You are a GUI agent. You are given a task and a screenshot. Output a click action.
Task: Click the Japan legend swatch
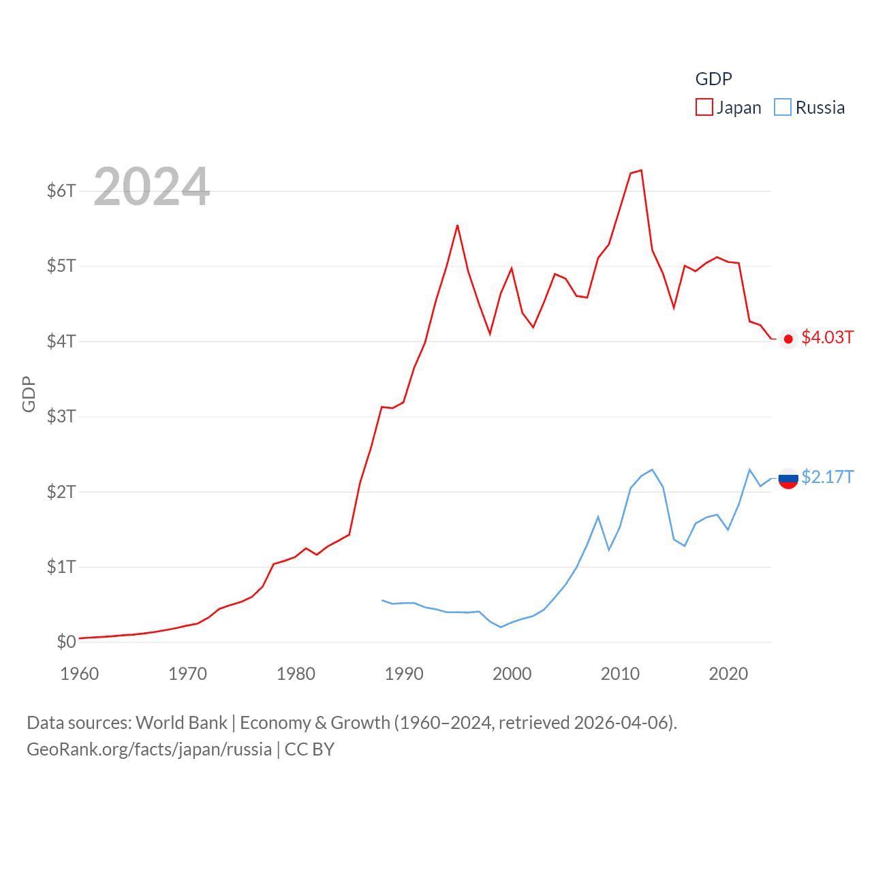point(704,108)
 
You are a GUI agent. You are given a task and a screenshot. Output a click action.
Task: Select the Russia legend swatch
point(783,108)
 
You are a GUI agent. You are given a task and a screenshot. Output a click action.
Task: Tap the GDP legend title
point(713,79)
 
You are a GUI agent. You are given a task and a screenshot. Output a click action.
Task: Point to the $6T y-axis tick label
point(61,191)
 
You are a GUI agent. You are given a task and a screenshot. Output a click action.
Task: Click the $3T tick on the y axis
point(61,416)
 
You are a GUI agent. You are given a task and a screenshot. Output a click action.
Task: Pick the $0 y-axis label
point(66,642)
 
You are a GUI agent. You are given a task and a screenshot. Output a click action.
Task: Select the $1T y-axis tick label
point(61,567)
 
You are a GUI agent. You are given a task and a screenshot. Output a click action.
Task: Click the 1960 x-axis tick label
point(80,674)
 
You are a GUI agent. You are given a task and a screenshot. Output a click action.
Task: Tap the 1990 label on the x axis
point(404,674)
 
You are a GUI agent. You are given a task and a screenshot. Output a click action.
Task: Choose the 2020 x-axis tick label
point(728,674)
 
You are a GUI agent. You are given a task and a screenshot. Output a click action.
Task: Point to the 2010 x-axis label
point(620,674)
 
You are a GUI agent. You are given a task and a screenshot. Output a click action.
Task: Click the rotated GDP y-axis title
point(29,394)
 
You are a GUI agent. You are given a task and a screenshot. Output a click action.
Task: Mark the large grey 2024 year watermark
point(151,187)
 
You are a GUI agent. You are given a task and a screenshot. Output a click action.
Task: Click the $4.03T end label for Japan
point(827,338)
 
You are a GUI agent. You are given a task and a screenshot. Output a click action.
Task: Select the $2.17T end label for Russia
point(827,477)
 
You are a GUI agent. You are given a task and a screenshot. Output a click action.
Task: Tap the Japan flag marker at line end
point(788,339)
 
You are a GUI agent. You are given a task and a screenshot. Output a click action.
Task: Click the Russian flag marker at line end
point(788,479)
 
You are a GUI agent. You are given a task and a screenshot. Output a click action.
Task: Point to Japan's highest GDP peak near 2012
point(641,170)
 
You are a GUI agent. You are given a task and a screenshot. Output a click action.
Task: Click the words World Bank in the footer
point(181,722)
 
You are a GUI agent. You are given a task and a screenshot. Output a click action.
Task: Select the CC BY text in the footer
point(309,749)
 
